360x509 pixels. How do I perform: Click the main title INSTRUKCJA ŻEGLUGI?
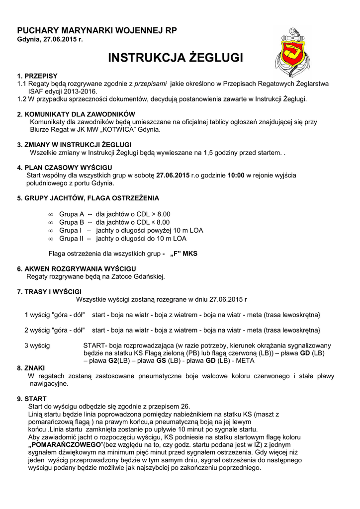pos(176,58)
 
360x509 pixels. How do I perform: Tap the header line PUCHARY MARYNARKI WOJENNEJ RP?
pos(97,30)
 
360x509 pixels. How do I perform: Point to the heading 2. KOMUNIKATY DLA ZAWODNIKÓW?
pos(76,114)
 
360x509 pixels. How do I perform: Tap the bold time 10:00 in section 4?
pos(236,175)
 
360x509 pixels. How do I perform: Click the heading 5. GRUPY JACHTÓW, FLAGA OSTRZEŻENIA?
pos(88,198)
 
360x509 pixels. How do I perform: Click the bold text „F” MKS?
pos(183,254)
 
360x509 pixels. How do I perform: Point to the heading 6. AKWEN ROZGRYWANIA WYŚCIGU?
pos(74,268)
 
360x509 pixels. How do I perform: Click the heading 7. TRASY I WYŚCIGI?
pos(49,291)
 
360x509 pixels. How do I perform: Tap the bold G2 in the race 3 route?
pos(112,360)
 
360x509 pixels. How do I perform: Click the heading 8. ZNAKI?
pos(31,368)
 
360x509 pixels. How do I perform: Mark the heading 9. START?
pos(32,399)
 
